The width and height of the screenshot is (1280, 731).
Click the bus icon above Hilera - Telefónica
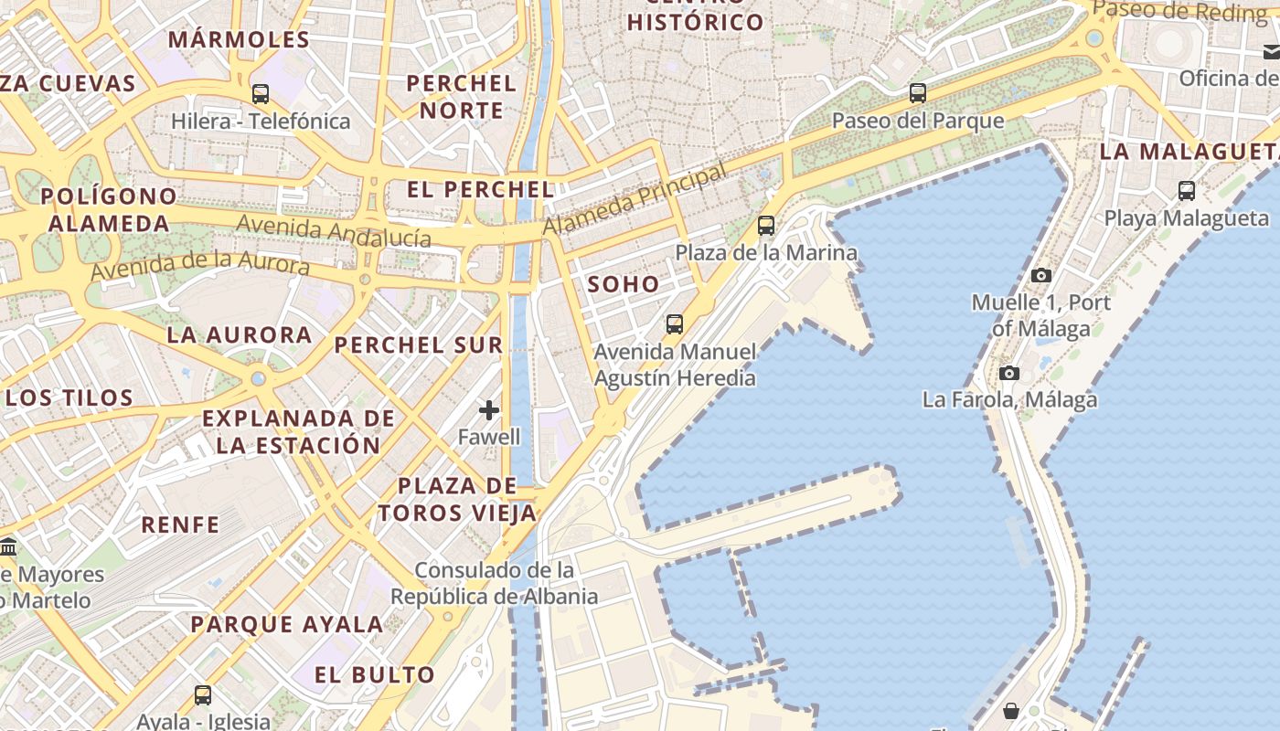point(261,93)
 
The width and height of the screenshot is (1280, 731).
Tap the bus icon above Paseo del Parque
point(917,92)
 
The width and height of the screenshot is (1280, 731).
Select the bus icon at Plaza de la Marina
point(766,225)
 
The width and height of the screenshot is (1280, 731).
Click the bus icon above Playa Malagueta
point(1186,191)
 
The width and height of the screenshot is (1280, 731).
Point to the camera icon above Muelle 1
point(1040,275)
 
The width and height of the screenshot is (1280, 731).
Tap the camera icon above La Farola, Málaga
point(1009,373)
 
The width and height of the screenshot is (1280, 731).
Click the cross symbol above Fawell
point(489,410)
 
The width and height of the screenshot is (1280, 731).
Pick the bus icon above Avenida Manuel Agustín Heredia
point(675,323)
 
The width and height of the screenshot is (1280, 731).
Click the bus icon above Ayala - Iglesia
point(203,695)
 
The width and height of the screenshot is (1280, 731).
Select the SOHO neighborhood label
point(624,284)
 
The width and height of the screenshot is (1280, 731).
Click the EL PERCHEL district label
point(481,190)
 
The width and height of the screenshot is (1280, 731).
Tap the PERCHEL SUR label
point(419,344)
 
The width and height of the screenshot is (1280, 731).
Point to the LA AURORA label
point(240,334)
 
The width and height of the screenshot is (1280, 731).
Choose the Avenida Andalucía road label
point(334,230)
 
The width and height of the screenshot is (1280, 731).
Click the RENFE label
point(180,524)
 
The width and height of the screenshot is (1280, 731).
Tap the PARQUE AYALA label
point(287,625)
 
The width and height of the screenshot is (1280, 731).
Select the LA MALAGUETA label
point(1189,152)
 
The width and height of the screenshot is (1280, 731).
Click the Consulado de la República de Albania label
point(495,583)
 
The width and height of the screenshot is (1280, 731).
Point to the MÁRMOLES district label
point(240,39)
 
